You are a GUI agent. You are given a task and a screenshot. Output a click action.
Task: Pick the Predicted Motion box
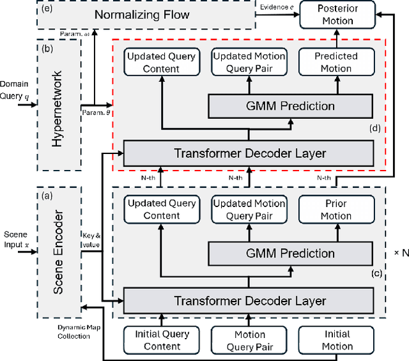coord(336,62)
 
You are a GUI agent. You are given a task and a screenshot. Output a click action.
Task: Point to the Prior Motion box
coord(336,209)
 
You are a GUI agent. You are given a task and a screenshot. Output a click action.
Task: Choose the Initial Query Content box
coord(162,340)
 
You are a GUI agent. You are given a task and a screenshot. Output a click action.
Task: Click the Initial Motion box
coord(337,340)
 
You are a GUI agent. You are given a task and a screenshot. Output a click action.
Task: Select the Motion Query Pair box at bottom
coord(249,340)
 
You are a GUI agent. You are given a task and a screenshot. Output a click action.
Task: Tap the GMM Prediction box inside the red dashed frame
coord(290,106)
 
